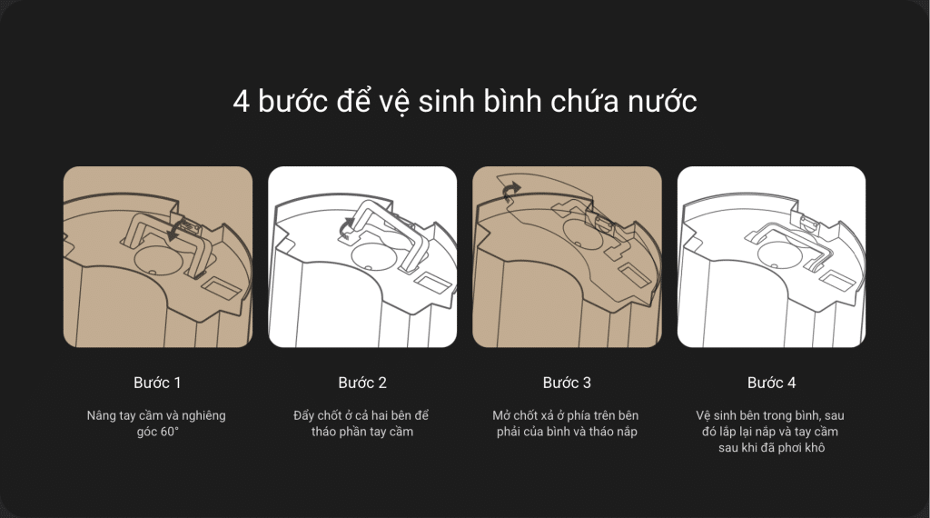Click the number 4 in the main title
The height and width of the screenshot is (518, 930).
tap(241, 102)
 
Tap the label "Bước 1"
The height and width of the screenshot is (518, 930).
tap(157, 383)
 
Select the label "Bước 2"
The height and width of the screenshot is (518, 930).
tap(362, 383)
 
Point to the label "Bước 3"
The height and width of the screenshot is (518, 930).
tap(567, 383)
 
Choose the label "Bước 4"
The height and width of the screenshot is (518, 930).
tap(772, 383)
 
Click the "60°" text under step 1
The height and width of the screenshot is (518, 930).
tap(169, 432)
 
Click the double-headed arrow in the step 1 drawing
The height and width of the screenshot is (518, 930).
tap(175, 230)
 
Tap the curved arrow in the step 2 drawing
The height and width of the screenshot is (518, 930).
tap(346, 225)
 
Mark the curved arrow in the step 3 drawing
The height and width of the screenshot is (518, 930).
tap(510, 191)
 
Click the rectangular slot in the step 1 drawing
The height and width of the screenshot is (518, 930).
tap(222, 288)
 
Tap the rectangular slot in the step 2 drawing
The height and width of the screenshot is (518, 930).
tap(432, 283)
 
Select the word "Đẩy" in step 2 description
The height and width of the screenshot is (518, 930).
tap(304, 415)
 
